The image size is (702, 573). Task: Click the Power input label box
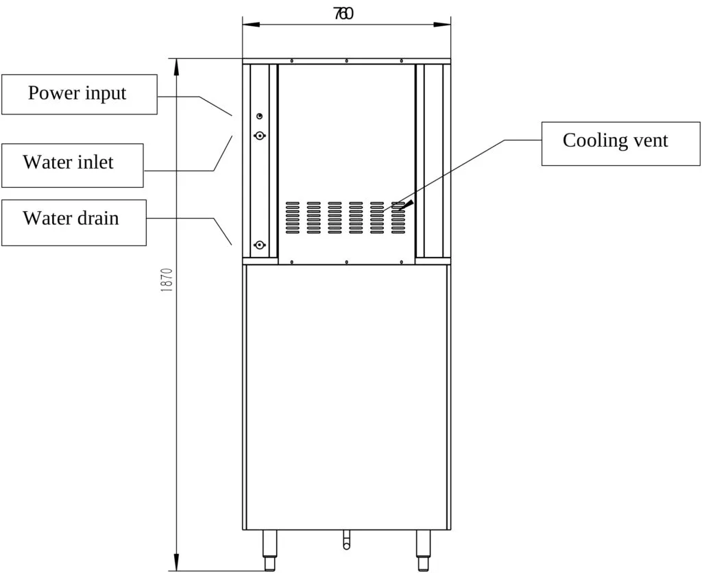(80, 95)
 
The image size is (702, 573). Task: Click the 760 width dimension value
(343, 14)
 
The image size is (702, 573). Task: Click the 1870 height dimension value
(167, 281)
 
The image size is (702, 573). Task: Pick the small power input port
(260, 117)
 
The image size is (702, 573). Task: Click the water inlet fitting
(260, 135)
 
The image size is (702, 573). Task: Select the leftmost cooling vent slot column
(292, 217)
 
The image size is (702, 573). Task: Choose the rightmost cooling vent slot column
(398, 217)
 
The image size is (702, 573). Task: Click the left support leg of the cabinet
(269, 550)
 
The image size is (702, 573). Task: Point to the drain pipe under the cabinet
(346, 540)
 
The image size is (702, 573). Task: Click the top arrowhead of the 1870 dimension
(177, 66)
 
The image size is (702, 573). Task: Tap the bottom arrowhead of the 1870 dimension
(177, 563)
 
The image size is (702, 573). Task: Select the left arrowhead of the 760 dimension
(251, 24)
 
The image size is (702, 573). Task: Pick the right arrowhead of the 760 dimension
(442, 24)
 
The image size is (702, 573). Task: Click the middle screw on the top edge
(346, 61)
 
